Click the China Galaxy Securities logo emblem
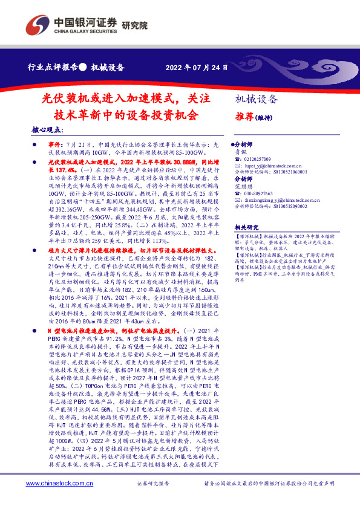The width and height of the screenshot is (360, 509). (x=41, y=25)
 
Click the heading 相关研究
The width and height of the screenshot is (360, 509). (x=249, y=227)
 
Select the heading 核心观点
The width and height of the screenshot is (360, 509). (x=47, y=129)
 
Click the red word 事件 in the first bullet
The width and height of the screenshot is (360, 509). (x=55, y=146)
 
